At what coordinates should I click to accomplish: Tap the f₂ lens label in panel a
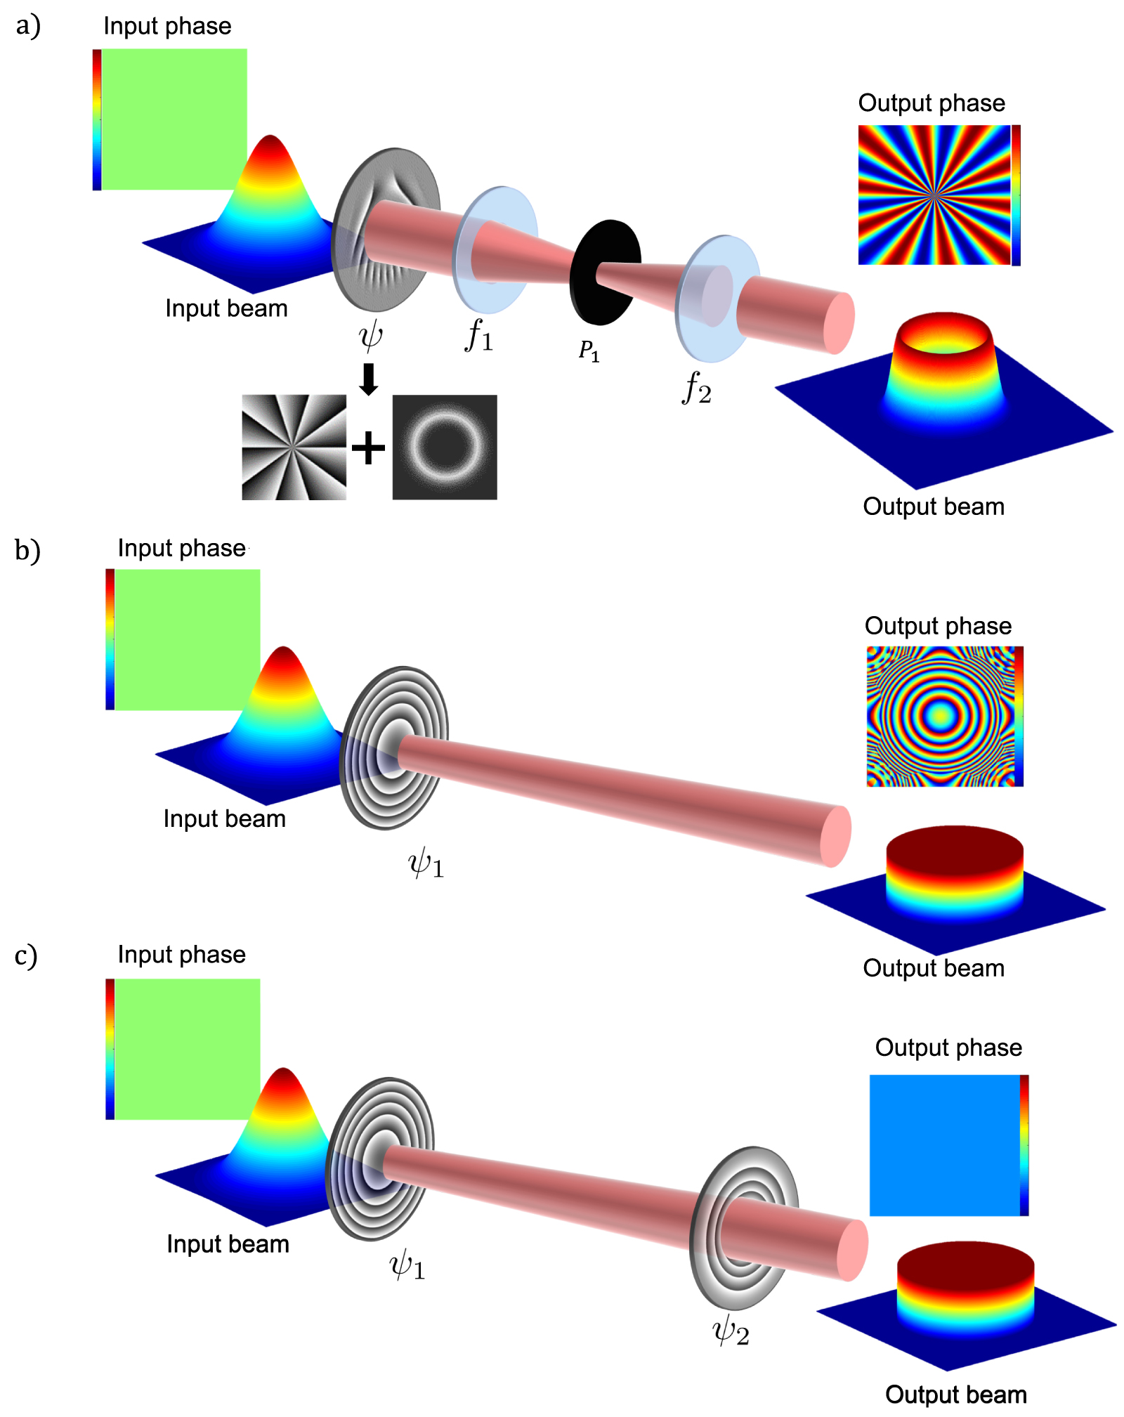tap(697, 388)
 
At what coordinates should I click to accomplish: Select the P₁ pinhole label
tap(589, 350)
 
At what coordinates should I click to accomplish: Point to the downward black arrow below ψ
tap(369, 379)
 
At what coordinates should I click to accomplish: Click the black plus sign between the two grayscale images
tap(369, 448)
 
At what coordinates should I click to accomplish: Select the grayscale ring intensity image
tap(445, 447)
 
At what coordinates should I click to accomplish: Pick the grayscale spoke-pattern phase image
tap(294, 447)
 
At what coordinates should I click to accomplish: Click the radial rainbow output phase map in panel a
tap(934, 195)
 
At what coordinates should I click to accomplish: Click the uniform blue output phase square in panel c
tap(945, 1145)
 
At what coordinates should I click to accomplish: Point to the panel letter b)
tap(27, 550)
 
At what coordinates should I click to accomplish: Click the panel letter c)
tap(26, 956)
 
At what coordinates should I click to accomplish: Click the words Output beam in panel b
tap(934, 968)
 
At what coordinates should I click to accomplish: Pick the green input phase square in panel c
tap(187, 1048)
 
